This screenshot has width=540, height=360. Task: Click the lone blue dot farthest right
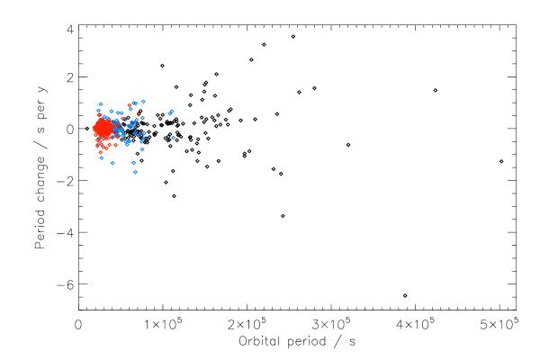(173, 138)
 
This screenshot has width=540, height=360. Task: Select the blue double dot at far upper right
(171, 112)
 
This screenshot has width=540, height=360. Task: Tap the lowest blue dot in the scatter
(135, 172)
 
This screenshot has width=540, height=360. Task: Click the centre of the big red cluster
(103, 128)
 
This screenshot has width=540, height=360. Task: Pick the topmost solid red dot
(130, 105)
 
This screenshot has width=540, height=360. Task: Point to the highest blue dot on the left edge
(101, 104)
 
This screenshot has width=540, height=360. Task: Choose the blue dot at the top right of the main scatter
(143, 101)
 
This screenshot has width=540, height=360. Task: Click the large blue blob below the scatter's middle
(127, 142)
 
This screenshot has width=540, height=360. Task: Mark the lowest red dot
(101, 152)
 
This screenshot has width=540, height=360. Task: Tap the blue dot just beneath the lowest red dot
(102, 157)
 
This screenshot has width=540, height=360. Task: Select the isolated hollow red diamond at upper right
(139, 114)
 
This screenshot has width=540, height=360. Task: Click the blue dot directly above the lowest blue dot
(133, 162)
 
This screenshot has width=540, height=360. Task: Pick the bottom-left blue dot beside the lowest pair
(112, 163)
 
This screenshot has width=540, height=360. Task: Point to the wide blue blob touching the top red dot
(134, 103)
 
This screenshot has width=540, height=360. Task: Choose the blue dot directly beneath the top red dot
(130, 109)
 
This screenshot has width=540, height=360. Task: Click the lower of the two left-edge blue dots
(98, 111)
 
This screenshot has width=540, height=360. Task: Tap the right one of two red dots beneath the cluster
(115, 145)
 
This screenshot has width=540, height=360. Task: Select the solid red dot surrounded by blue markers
(122, 118)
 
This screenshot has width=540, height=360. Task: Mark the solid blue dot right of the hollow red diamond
(142, 118)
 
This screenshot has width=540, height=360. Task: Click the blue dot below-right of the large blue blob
(142, 149)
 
